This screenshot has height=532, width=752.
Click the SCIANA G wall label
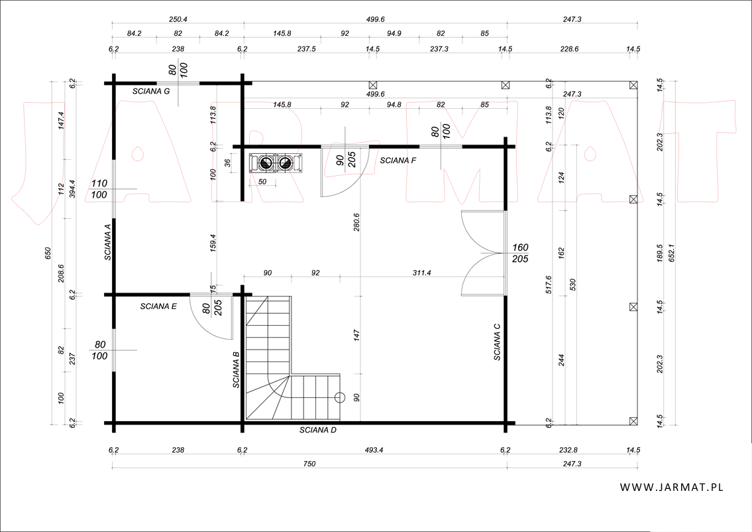pos(151,92)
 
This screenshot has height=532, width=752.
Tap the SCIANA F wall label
pos(398,161)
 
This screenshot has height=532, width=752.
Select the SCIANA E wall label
pos(158,306)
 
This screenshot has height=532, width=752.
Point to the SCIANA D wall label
pos(318,430)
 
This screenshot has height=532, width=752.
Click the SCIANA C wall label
pos(498,342)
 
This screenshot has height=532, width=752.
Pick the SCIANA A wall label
pos(109,242)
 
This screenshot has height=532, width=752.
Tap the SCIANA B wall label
pos(236,369)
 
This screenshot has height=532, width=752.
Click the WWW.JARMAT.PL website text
pos(671,487)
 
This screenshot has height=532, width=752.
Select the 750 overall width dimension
pos(309,464)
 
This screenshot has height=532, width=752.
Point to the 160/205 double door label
pos(520,253)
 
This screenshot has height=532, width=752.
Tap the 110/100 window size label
pos(99,189)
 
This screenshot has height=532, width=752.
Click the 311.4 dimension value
pos(422,273)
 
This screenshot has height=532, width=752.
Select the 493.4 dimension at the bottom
pos(374,450)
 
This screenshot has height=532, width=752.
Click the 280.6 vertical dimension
pos(356,222)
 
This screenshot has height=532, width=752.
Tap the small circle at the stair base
pos(339,397)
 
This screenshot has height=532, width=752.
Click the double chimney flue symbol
pos(276,163)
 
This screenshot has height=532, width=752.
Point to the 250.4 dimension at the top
pos(178,19)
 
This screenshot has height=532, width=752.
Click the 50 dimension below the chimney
pos(262,182)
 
